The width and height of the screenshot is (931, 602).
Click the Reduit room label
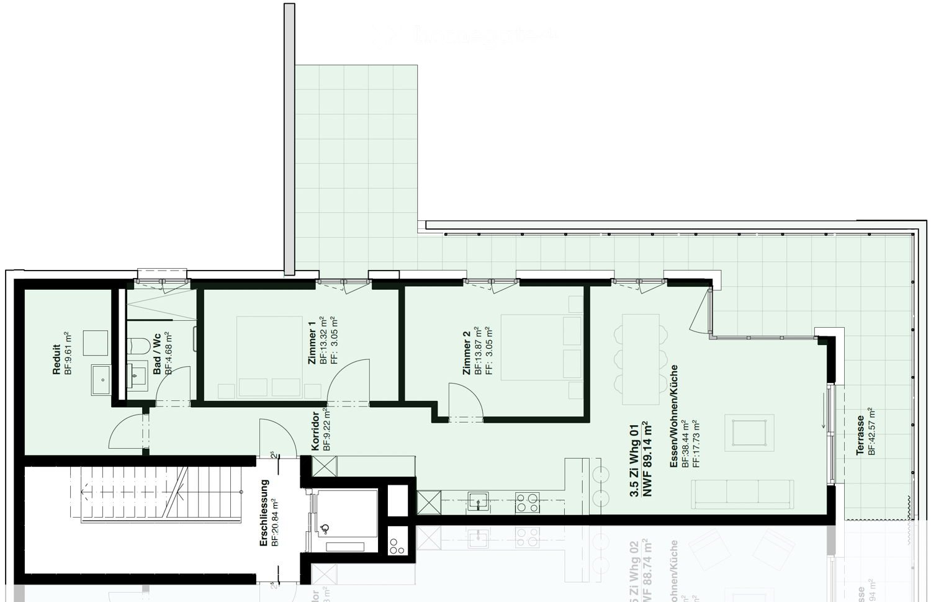click(x=56, y=359)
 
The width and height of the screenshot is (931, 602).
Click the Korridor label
click(x=316, y=430)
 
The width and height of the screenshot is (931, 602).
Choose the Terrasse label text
click(x=860, y=435)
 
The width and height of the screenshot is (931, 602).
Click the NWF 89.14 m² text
click(x=647, y=459)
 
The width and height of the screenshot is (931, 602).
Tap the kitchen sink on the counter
click(x=477, y=501)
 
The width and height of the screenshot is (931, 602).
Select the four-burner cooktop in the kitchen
click(x=528, y=502)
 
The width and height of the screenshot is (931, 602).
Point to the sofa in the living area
click(x=742, y=494)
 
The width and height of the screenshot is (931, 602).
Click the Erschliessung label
click(x=264, y=513)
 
